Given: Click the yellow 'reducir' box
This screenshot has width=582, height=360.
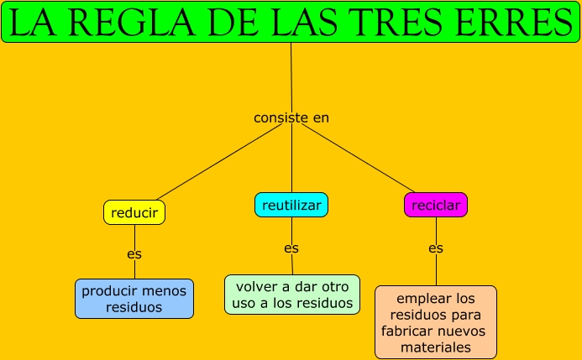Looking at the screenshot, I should [134, 213].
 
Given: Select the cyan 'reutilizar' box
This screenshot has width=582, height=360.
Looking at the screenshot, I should [291, 205].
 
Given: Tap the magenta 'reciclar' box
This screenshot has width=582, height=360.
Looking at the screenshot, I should [436, 205].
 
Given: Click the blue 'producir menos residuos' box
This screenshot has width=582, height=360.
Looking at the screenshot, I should [134, 299].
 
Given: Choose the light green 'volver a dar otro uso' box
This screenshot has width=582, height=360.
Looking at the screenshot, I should [292, 295].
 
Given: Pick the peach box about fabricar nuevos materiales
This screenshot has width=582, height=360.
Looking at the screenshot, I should [435, 322].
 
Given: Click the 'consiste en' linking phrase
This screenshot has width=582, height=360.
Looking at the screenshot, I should [291, 117].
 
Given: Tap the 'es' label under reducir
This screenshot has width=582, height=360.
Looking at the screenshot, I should [134, 253].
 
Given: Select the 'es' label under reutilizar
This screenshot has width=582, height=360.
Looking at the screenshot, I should [291, 248].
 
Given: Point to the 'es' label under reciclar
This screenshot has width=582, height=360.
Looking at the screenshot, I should [436, 248].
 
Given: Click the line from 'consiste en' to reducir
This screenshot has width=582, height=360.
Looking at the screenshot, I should [214, 164].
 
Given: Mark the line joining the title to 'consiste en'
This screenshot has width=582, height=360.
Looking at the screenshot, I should [291, 76].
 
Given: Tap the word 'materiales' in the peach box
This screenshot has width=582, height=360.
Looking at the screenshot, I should [435, 347].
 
